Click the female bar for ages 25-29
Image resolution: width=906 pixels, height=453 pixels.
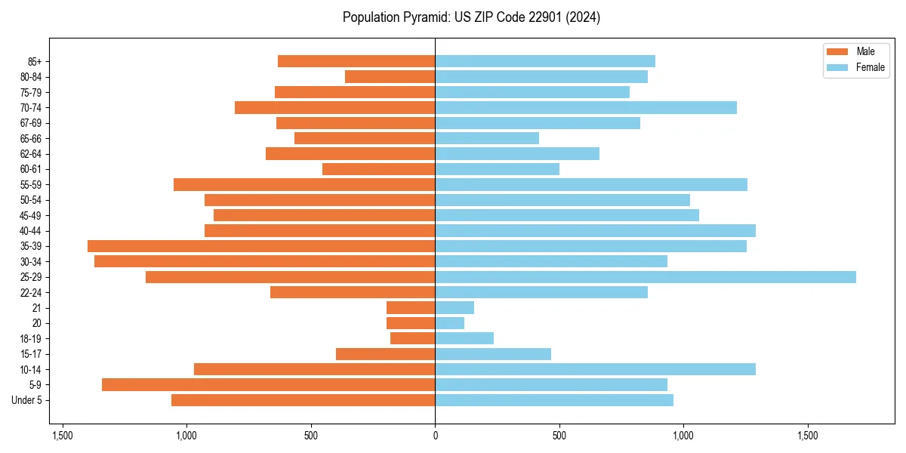coord(646,277)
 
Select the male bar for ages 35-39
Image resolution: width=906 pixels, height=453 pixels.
coord(261,246)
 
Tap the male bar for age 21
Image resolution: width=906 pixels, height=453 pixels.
coord(411,308)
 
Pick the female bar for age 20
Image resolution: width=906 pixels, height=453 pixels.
coord(450,323)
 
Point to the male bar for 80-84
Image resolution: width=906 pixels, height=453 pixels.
coord(390,77)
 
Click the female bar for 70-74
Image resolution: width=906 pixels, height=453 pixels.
coord(586,108)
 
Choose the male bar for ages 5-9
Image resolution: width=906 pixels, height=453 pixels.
coord(268,385)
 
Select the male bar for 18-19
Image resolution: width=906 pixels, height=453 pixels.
coord(412,339)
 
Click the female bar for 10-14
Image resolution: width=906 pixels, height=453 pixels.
coord(595,369)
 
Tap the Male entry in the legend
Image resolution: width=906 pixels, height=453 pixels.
coord(865,51)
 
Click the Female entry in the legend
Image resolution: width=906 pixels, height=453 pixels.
coord(870,67)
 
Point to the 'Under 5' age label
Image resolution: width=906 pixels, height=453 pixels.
coord(26,400)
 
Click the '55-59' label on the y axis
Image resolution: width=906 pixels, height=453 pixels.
coord(30,185)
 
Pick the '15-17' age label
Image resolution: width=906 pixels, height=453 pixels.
coord(30,354)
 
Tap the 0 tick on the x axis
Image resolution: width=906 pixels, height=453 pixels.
coord(435,436)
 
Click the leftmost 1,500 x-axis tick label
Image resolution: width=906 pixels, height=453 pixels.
coord(62,436)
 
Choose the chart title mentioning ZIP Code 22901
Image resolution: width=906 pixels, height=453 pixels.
coord(471,17)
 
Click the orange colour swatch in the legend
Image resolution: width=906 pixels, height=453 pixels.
coord(837,51)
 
